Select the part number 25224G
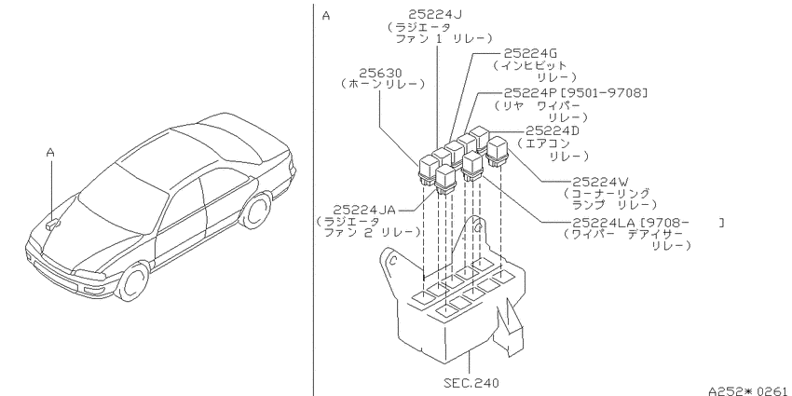[530, 53]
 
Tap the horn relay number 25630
[381, 74]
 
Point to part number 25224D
[553, 130]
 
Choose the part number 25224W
[599, 182]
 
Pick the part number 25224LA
[603, 223]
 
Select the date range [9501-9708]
[604, 93]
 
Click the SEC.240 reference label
[471, 383]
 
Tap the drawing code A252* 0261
[747, 390]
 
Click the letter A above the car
[50, 152]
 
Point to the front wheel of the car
[132, 282]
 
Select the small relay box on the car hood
[52, 224]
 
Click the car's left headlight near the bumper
[90, 275]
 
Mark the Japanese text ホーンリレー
[382, 84]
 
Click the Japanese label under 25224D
[553, 149]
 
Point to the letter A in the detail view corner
[326, 16]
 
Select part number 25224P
[531, 93]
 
